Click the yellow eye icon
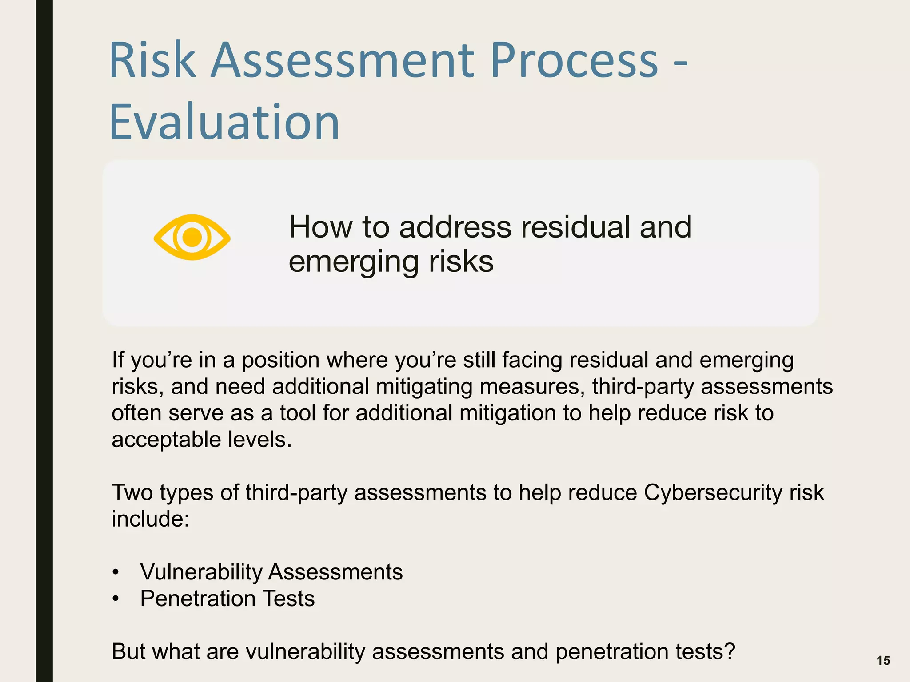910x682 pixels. click(192, 237)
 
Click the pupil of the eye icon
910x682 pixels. click(192, 237)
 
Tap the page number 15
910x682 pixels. click(883, 661)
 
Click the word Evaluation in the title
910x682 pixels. click(224, 122)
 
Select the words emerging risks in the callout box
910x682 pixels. click(391, 262)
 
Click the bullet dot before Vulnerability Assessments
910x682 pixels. click(116, 572)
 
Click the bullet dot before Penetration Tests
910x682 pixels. click(116, 599)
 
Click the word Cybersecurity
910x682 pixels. click(713, 492)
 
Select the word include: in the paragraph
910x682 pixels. click(150, 519)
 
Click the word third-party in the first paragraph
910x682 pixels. click(643, 386)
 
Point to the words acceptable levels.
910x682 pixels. click(201, 440)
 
